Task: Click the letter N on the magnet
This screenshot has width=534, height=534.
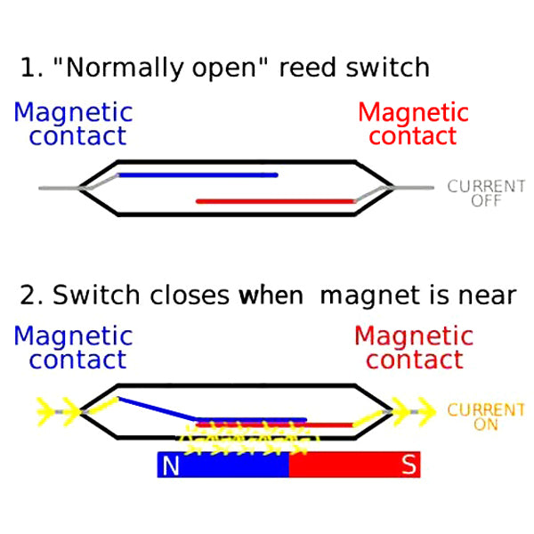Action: point(171,465)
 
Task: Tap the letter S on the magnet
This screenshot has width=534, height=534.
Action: point(409,465)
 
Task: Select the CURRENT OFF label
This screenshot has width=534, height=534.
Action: point(486,193)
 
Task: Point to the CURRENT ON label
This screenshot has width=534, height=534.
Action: point(486,417)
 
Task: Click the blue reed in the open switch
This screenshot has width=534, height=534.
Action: point(198,174)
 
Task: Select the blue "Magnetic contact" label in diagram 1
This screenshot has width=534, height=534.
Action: point(74,125)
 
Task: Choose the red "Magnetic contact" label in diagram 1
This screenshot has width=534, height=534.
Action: point(413,125)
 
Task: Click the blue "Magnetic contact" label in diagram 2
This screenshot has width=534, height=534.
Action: point(74,348)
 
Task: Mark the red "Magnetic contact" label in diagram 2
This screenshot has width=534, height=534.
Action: point(414,348)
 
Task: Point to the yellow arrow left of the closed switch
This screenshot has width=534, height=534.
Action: point(44,410)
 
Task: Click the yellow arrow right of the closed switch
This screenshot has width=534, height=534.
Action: point(425,411)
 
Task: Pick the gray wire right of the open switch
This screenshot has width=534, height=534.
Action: point(414,188)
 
